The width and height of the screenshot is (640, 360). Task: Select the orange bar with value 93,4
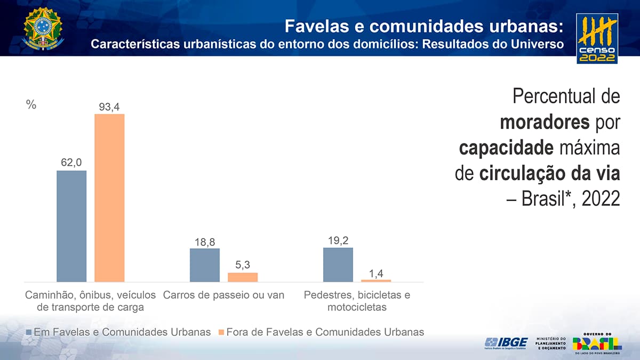pyautogui.click(x=109, y=197)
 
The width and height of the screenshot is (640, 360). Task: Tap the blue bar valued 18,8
pyautogui.click(x=205, y=265)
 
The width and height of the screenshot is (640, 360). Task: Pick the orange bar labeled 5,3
pyautogui.click(x=243, y=277)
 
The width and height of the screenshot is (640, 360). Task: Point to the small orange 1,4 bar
pyautogui.click(x=376, y=280)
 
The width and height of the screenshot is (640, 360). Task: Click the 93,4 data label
pyautogui.click(x=109, y=107)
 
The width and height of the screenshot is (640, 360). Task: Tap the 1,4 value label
pyautogui.click(x=376, y=273)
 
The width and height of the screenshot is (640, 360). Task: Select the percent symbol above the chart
pyautogui.click(x=31, y=105)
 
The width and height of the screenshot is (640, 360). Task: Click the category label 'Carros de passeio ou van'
pyautogui.click(x=224, y=295)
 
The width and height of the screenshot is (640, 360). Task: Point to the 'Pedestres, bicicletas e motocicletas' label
pyautogui.click(x=357, y=301)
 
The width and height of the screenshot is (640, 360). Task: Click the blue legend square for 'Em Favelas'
pyautogui.click(x=29, y=332)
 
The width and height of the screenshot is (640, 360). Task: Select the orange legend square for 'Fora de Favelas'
pyautogui.click(x=221, y=332)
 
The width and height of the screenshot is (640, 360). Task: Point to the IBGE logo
pyautogui.click(x=506, y=343)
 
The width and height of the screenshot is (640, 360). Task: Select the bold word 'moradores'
pyautogui.click(x=543, y=123)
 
